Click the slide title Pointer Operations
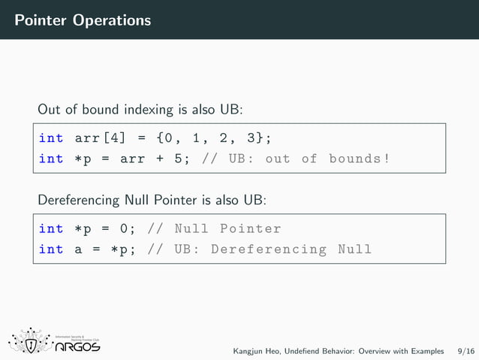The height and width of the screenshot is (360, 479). (82, 20)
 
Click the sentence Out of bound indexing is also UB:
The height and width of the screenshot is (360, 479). (140, 109)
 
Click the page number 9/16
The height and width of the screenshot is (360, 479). (465, 351)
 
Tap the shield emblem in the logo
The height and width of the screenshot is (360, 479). (30, 343)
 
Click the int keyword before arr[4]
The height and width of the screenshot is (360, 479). (51, 138)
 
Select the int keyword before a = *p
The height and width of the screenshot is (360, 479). (51, 249)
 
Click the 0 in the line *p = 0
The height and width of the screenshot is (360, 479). (125, 228)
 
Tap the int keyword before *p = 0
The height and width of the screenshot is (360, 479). (51, 228)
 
